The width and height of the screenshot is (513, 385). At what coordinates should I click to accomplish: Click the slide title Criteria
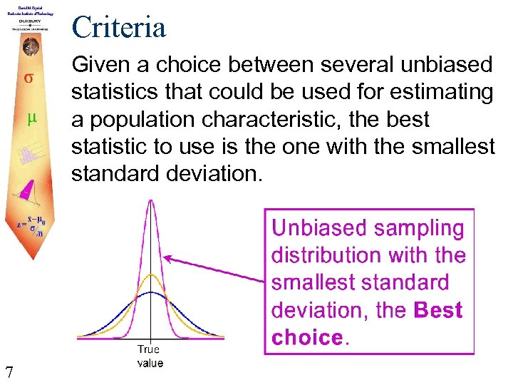118,27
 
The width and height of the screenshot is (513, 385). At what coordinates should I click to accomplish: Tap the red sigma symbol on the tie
28,78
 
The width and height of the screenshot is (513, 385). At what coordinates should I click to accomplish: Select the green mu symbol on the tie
31,118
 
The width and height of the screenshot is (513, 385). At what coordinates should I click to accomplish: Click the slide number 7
9,371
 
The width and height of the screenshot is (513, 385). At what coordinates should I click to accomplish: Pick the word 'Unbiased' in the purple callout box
316,228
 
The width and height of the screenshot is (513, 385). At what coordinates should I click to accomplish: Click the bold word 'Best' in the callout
437,310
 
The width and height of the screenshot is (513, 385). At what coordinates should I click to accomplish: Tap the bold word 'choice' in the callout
307,337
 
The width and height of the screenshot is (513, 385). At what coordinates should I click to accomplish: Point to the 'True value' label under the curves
150,356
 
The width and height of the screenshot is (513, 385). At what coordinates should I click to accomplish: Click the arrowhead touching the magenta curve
167,257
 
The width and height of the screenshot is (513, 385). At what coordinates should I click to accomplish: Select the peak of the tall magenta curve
150,202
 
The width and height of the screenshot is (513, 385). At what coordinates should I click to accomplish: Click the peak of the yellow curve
150,274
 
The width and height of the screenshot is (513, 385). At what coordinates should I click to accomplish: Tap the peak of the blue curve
150,292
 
